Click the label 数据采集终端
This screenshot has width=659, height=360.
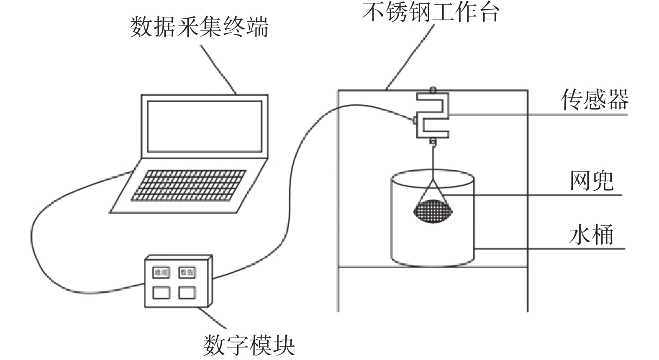point(199,28)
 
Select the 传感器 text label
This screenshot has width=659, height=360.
point(595,100)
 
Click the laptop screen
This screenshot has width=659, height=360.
point(205,126)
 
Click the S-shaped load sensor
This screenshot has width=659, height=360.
point(433,115)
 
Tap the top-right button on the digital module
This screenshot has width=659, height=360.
point(187,272)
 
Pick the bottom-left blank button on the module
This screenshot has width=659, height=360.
point(161,292)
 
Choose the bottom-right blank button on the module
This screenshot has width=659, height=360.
point(187,292)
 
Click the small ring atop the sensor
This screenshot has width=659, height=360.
point(433,89)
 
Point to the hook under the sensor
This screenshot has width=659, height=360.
point(433,143)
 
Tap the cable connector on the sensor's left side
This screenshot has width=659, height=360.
point(415,120)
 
